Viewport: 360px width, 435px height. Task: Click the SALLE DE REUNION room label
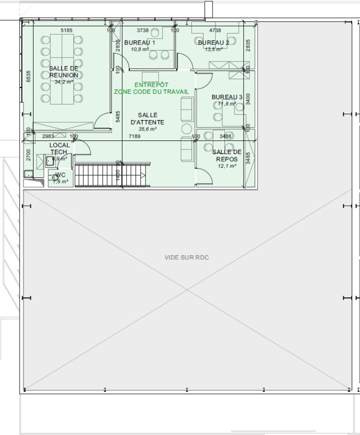[x=63, y=72]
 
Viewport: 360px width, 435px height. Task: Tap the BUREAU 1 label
[x=140, y=43]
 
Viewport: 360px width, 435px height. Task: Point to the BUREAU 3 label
[x=227, y=97]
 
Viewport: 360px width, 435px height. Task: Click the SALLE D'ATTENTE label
[x=147, y=119]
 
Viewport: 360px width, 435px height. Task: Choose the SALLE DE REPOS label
[x=227, y=155]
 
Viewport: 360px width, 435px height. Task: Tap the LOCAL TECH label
[x=59, y=149]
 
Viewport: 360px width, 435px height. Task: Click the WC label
[x=61, y=175]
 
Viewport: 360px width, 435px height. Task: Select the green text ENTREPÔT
[x=151, y=85]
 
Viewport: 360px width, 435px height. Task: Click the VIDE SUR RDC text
[x=186, y=257]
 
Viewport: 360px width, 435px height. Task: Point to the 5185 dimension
[x=66, y=30]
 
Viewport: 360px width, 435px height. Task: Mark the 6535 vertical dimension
[x=29, y=76]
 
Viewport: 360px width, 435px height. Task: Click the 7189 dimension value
[x=135, y=136]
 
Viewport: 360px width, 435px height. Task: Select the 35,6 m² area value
[x=147, y=129]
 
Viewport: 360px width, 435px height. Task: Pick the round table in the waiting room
[x=187, y=129]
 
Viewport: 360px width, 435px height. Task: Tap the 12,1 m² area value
[x=227, y=166]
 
